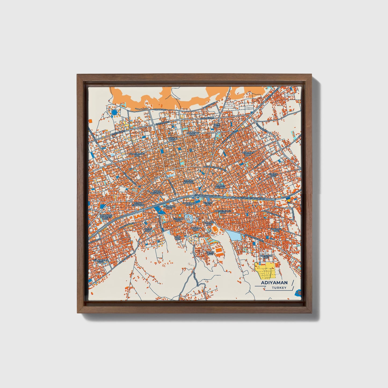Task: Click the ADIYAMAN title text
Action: pos(274,282)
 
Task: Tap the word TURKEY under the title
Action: pos(279,288)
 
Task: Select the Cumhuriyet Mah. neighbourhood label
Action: pos(137,155)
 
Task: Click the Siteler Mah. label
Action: pos(273,175)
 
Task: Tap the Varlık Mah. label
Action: pos(210,253)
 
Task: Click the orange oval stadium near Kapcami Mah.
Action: pos(215,229)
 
